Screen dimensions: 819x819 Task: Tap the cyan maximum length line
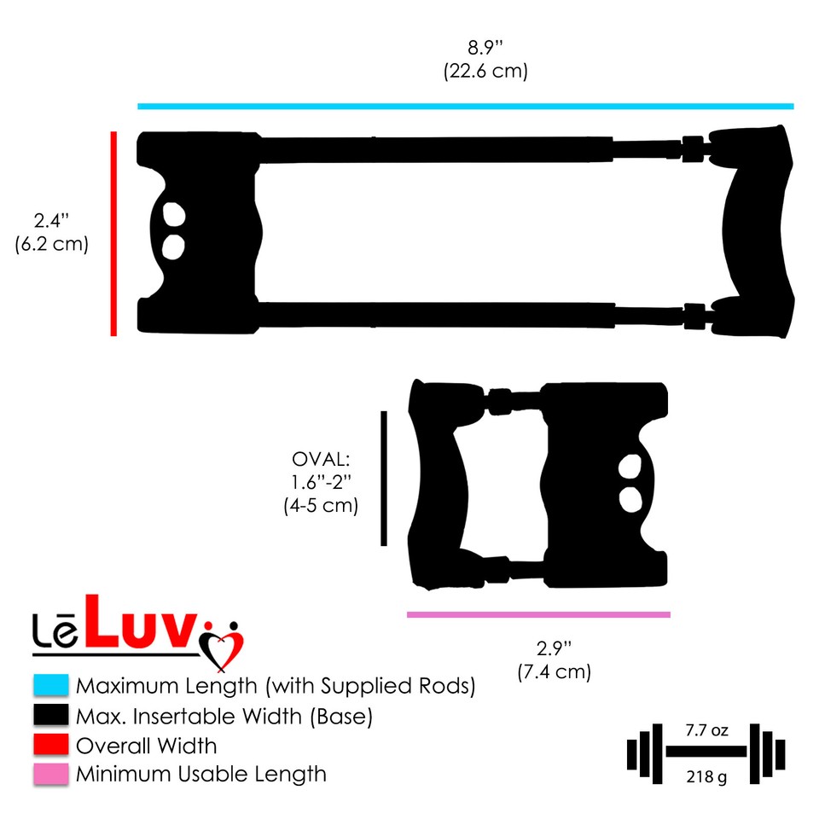coord(465,107)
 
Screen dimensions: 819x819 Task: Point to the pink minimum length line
coord(538,614)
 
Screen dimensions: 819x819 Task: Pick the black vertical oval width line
coord(384,478)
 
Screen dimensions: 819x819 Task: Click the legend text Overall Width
coord(146,746)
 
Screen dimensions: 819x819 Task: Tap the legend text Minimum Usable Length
coord(200,775)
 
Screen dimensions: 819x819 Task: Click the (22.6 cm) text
coord(485,72)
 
